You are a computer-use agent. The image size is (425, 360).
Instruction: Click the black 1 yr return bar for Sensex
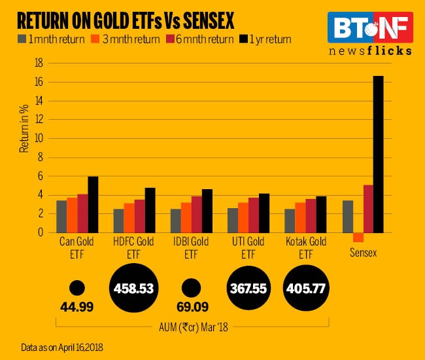(379, 154)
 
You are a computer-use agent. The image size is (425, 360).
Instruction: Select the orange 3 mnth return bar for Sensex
(358, 238)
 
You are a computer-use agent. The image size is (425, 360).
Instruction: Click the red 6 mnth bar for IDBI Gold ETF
(196, 214)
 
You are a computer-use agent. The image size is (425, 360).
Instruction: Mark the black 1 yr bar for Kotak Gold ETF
(321, 214)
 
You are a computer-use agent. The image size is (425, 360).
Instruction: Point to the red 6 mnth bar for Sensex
(368, 208)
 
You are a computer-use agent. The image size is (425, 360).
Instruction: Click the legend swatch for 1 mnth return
(22, 39)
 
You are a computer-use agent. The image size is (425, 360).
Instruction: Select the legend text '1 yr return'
(267, 39)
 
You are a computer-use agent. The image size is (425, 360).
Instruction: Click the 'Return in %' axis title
(24, 132)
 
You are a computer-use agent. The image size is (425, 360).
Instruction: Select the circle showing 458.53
(134, 287)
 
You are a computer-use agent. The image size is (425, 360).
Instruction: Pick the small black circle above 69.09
(191, 287)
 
